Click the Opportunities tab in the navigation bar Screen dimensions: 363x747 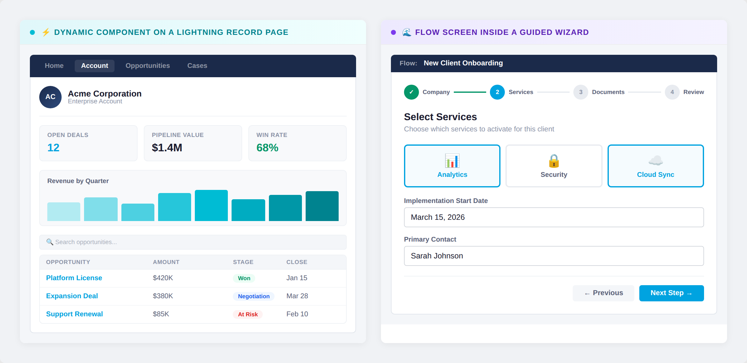coord(148,66)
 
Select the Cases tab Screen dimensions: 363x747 coord(197,66)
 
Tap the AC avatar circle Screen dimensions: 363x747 coord(50,97)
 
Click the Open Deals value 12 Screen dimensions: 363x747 coord(53,148)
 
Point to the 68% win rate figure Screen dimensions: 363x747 coord(267,148)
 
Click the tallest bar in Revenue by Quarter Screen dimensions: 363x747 coord(211,205)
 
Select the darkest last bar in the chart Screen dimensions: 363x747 coord(322,206)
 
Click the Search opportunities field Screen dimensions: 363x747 coord(193,242)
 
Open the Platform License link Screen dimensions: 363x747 coord(74,278)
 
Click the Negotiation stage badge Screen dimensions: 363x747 coord(253,296)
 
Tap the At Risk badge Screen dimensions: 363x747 coord(248,314)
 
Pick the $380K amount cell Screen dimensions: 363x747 coord(163,296)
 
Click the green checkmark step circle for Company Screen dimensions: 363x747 coord(411,92)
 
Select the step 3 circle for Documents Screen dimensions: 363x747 coord(580,92)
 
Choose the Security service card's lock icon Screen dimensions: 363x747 coord(554,161)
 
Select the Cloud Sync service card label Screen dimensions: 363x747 coord(655,175)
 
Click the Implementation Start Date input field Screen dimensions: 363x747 coord(554,217)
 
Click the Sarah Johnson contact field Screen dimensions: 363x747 coord(554,256)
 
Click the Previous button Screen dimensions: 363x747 coord(603,293)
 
